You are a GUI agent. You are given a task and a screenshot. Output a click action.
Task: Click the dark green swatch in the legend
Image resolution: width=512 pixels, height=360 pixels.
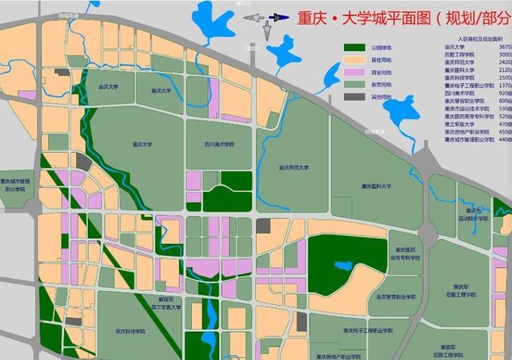coord(353,48)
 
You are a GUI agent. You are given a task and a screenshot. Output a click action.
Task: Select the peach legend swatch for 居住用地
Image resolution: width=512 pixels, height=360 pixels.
coord(353,60)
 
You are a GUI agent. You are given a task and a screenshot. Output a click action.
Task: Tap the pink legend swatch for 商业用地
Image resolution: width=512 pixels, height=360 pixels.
coord(353,72)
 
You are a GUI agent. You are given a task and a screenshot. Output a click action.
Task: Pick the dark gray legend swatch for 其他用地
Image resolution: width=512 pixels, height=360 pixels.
coord(353,97)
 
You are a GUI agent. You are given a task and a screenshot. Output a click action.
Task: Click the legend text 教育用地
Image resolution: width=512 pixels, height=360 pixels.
coord(380,85)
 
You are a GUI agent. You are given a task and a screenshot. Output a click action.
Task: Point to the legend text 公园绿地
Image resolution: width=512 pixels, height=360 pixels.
coord(380,48)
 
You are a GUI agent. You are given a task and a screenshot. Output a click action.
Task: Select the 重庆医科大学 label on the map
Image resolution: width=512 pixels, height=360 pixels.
coord(376,186)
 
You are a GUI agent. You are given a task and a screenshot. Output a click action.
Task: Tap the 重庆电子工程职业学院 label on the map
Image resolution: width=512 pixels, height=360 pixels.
coord(367,331)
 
